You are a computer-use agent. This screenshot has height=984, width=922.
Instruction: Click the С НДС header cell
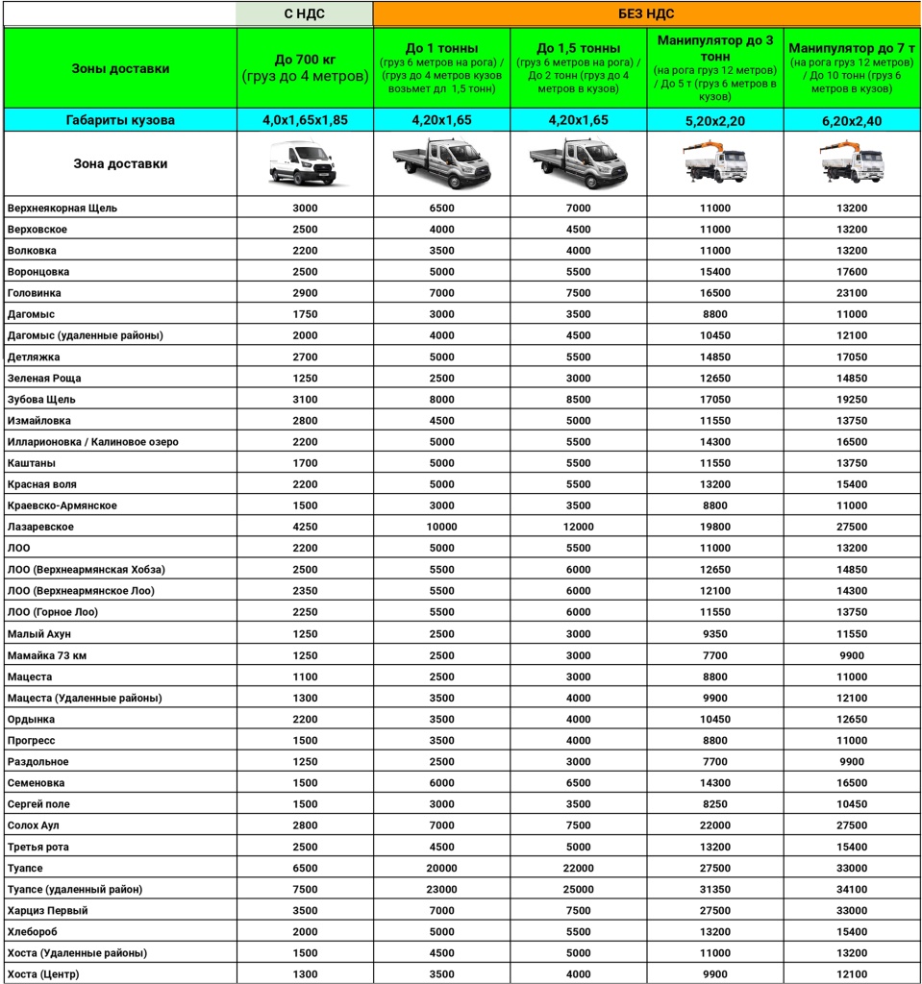pyautogui.click(x=305, y=13)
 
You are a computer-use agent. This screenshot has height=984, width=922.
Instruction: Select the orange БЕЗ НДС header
pyautogui.click(x=645, y=13)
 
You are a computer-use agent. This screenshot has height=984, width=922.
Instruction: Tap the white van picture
pyautogui.click(x=305, y=163)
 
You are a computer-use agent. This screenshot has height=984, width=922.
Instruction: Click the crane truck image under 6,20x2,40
pyautogui.click(x=852, y=163)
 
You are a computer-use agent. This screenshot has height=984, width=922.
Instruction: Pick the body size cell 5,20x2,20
pyautogui.click(x=715, y=120)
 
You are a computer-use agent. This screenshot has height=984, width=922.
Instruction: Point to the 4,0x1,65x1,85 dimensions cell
pyautogui.click(x=305, y=120)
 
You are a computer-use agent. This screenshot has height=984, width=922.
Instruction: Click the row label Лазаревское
pyautogui.click(x=40, y=527)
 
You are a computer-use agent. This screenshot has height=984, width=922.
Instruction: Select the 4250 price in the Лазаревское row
pyautogui.click(x=305, y=527)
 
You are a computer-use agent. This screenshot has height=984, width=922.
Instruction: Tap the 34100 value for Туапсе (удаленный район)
pyautogui.click(x=852, y=889)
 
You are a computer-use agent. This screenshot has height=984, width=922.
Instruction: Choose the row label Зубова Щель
pyautogui.click(x=41, y=399)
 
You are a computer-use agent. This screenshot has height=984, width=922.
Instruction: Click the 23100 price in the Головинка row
pyautogui.click(x=852, y=292)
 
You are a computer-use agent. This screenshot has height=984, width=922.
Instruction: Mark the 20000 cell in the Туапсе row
pyautogui.click(x=441, y=868)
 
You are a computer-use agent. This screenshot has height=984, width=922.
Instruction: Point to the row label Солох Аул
pyautogui.click(x=34, y=825)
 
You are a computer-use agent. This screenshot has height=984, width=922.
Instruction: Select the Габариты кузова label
pyautogui.click(x=120, y=120)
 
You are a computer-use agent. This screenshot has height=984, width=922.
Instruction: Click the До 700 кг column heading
pyautogui.click(x=305, y=67)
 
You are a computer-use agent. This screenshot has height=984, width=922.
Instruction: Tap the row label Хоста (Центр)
pyautogui.click(x=43, y=974)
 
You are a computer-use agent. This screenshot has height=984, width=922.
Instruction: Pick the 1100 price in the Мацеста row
pyautogui.click(x=305, y=676)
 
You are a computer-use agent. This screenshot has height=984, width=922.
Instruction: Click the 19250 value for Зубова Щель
pyautogui.click(x=852, y=399)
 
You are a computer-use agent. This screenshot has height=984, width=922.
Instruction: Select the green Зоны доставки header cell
pyautogui.click(x=120, y=68)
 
